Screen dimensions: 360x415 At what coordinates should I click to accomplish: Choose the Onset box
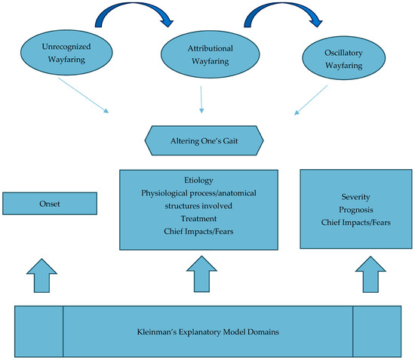[50, 203]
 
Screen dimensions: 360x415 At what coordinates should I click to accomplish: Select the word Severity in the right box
[355, 196]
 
